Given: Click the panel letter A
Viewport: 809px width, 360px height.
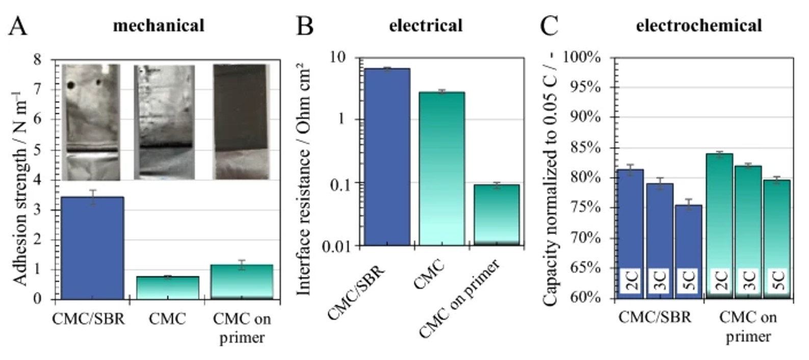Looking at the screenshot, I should click(18, 25).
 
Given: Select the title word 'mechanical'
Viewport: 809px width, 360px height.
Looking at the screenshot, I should click(159, 25).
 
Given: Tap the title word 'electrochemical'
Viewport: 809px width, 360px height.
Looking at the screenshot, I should click(698, 25).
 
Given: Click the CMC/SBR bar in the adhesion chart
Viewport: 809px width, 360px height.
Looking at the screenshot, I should click(92, 248).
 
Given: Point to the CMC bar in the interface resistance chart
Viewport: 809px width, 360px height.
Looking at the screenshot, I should click(441, 168).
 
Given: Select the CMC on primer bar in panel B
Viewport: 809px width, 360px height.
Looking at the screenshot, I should click(497, 215).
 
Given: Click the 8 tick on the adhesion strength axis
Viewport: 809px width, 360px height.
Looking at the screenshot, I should click(37, 60).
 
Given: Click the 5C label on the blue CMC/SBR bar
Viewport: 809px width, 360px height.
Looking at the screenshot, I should click(688, 280).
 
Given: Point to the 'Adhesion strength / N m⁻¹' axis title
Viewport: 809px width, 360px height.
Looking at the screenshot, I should click(19, 189).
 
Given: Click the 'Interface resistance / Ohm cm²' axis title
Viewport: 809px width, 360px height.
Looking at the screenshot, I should click(303, 178).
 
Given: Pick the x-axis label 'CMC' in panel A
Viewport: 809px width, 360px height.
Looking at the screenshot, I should click(167, 319).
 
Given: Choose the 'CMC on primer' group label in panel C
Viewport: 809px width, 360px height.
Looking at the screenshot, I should click(748, 326).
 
